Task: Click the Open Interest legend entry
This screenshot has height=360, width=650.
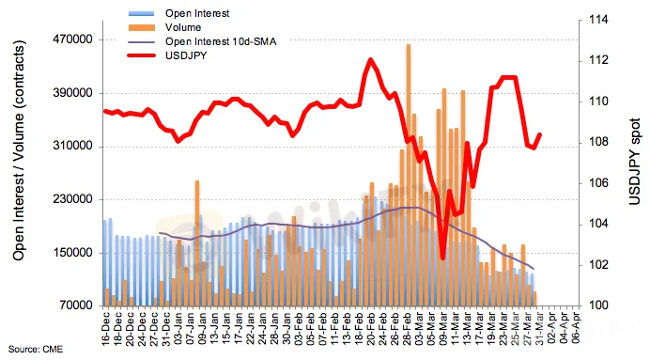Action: point(197,13)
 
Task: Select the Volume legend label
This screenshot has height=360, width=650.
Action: point(183,27)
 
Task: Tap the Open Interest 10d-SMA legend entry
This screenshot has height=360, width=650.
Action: point(221,41)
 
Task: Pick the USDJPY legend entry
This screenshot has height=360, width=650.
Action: point(186,55)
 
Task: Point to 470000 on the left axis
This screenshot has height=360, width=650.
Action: point(72,39)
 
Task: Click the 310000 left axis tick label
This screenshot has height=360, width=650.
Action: point(72,146)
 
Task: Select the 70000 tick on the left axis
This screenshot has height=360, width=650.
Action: point(75,305)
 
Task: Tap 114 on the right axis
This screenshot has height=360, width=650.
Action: point(598,20)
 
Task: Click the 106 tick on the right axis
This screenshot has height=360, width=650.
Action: point(598,183)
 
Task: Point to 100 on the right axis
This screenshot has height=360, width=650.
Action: point(598,305)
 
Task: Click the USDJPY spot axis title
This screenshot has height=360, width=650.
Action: point(634,162)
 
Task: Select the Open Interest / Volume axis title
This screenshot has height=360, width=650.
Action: point(19,150)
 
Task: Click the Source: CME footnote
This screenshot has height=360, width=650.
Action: point(36,350)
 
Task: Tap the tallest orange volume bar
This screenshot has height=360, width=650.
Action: point(409,175)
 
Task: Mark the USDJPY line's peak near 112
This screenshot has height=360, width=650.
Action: point(370,60)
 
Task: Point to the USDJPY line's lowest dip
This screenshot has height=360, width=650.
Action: point(442,258)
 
